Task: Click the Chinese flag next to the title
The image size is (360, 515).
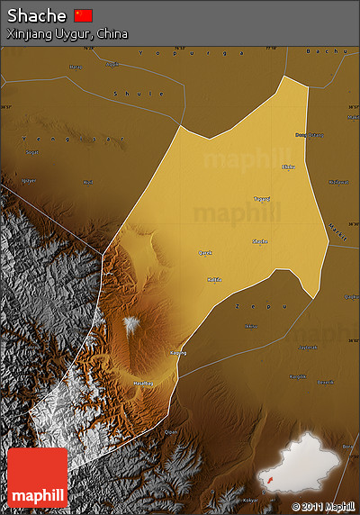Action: [x=84, y=15]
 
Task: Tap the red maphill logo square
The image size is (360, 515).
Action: [x=37, y=477]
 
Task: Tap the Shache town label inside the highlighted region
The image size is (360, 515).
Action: [x=259, y=241]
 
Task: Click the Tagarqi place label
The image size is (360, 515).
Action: [x=261, y=199]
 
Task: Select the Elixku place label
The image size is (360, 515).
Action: [x=288, y=168]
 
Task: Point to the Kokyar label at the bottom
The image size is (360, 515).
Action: [x=251, y=500]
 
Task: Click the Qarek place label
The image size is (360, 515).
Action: [x=205, y=253]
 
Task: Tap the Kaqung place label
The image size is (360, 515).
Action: [x=178, y=353]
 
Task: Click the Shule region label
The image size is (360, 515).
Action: [x=139, y=94]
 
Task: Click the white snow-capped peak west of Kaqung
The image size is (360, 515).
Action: [x=132, y=324]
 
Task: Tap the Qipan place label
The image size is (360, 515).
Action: [x=171, y=432]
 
